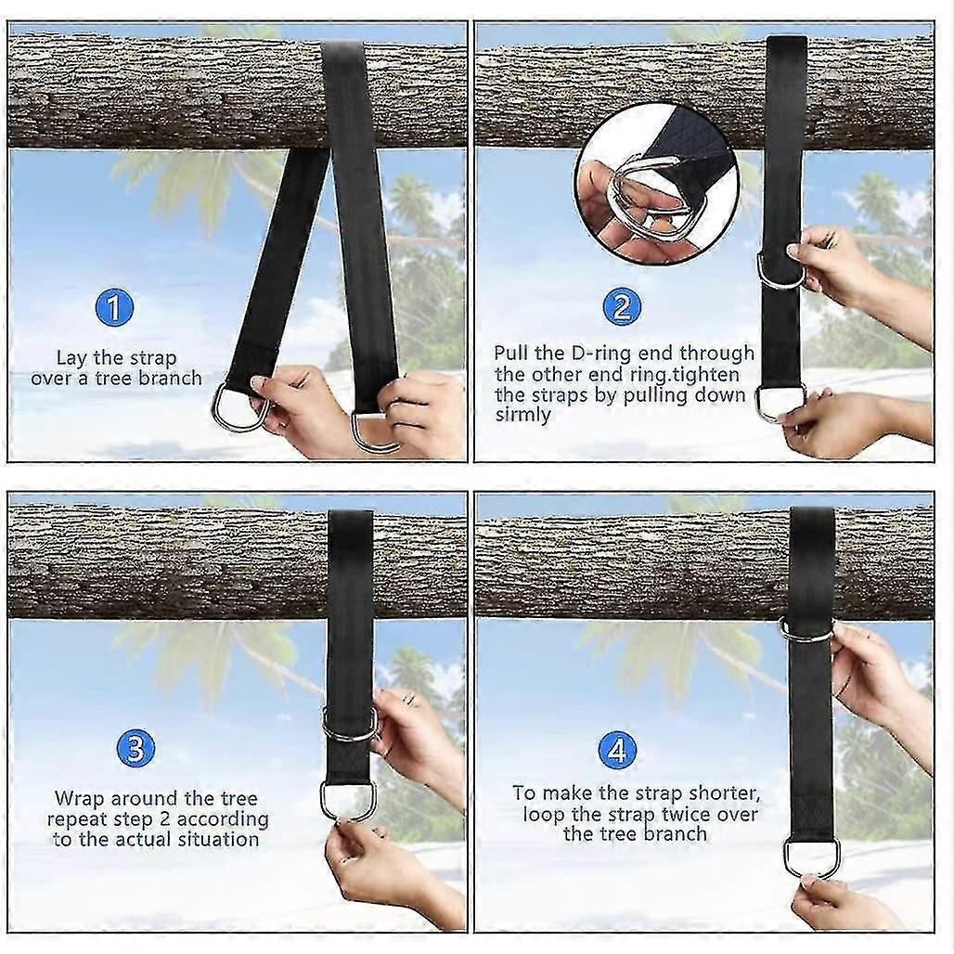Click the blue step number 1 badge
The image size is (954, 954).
tap(114, 307)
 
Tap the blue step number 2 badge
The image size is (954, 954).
tap(621, 306)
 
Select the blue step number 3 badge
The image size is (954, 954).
tap(135, 748)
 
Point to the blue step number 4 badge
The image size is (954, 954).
tap(617, 750)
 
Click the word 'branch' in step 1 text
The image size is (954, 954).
tap(170, 379)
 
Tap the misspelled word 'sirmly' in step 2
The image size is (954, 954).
tap(522, 415)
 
